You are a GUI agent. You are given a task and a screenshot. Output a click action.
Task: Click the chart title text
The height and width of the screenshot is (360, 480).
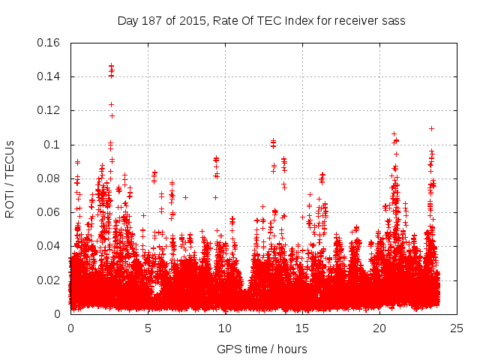pos(261,21)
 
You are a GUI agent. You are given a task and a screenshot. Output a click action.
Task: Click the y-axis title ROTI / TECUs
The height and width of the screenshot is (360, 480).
pos(10,178)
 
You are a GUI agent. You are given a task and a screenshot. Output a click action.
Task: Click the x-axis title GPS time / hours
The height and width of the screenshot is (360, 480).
pos(262,349)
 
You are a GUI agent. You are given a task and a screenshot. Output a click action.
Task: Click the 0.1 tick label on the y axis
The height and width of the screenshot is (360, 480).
pos(52,145)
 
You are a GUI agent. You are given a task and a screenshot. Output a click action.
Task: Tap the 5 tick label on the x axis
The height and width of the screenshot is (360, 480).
pos(148,328)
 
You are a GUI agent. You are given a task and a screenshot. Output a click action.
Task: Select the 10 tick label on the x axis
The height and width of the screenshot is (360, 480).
pos(225,328)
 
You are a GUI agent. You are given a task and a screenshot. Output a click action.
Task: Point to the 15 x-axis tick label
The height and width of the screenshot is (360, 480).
pos(302,328)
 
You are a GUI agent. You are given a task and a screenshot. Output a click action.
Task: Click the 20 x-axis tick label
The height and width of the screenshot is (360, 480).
pos(379,328)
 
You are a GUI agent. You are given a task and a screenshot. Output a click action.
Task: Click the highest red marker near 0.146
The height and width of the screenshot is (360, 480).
pos(111,66)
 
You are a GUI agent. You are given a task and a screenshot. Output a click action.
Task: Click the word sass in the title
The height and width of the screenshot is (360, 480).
pos(394,21)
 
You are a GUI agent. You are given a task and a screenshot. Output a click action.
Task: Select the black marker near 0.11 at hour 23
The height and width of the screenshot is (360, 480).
pos(431,128)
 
